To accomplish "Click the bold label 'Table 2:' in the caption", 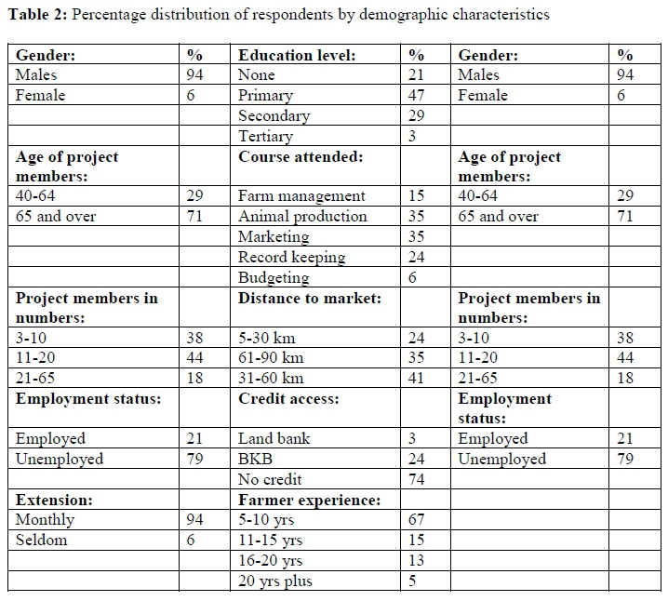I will (34, 14).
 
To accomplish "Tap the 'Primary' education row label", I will (265, 95).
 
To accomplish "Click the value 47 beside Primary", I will (416, 95).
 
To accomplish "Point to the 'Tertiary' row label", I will (265, 136).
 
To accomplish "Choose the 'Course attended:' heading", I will (300, 156).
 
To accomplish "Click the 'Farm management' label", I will (301, 196).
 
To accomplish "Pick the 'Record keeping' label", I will (291, 257).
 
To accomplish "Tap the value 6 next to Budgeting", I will (412, 277).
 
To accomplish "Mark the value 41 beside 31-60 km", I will (416, 379).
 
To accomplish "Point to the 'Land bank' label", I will (274, 438).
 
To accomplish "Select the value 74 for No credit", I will (416, 479).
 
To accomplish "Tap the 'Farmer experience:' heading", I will (309, 500).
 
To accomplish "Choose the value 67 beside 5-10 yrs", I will (416, 520).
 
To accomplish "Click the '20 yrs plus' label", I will (275, 581).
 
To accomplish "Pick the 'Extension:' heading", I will (54, 500).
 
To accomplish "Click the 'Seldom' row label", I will (42, 541).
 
